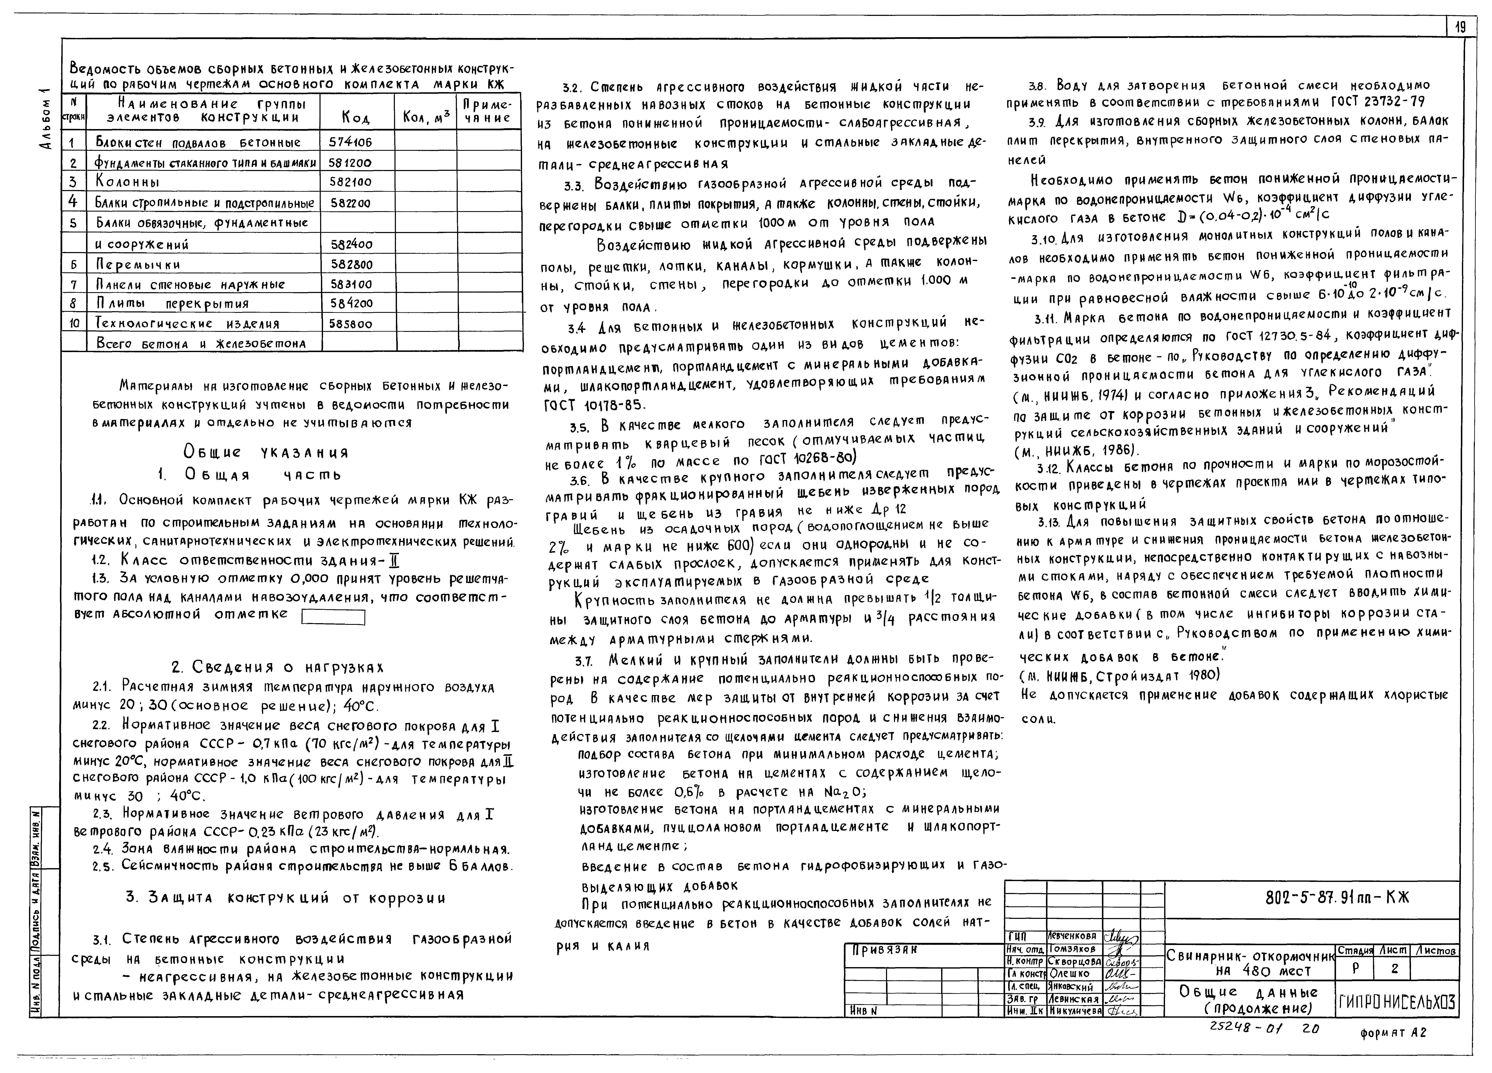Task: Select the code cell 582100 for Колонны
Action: click(x=350, y=182)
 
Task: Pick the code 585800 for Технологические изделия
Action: click(x=350, y=324)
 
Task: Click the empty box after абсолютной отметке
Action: click(x=333, y=617)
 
